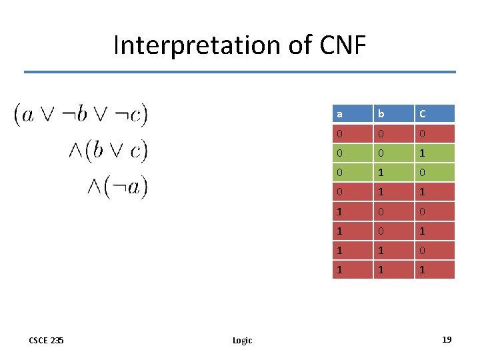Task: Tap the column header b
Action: point(393,113)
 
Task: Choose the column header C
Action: point(435,113)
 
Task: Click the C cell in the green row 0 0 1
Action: point(435,154)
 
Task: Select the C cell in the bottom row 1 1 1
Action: point(435,270)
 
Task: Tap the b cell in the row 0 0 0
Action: point(393,134)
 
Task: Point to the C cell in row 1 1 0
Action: point(435,251)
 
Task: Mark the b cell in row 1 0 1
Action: point(393,231)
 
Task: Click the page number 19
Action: point(446,340)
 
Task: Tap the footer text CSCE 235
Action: point(47,341)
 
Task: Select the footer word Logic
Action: point(242,341)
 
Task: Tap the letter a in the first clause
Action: point(28,115)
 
